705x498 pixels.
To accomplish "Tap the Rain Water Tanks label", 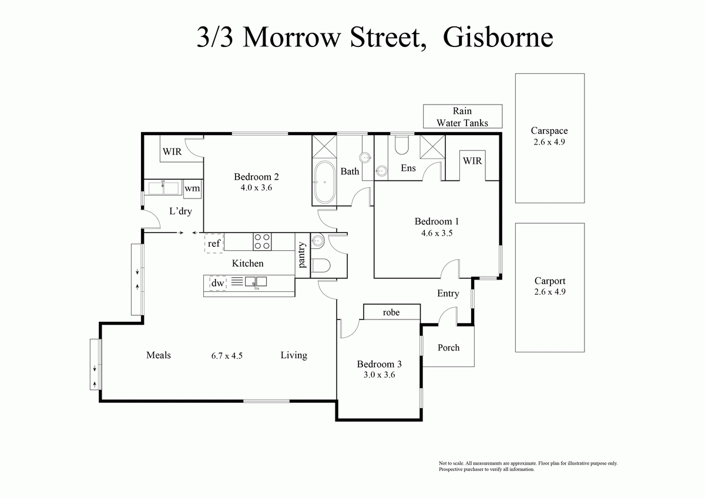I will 462,117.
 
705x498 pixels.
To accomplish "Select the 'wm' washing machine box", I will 192,189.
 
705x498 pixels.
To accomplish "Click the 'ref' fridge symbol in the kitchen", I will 214,243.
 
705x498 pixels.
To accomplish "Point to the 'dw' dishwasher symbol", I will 217,283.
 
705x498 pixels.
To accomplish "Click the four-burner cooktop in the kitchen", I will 262,241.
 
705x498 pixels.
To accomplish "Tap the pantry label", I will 302,255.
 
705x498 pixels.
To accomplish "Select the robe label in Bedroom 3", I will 391,312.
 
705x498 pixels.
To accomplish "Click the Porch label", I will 448,348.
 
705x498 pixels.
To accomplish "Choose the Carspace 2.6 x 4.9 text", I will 549,136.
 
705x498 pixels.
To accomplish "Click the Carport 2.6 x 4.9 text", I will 550,287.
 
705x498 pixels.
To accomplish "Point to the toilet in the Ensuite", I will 402,144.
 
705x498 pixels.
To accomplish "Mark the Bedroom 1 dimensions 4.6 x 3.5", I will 437,233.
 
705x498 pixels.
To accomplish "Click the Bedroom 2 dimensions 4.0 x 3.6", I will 256,188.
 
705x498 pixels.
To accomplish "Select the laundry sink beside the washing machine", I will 163,188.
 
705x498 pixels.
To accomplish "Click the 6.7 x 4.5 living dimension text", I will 227,355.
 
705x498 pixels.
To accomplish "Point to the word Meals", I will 159,355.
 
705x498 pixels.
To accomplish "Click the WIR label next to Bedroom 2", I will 172,152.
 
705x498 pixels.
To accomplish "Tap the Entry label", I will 448,294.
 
